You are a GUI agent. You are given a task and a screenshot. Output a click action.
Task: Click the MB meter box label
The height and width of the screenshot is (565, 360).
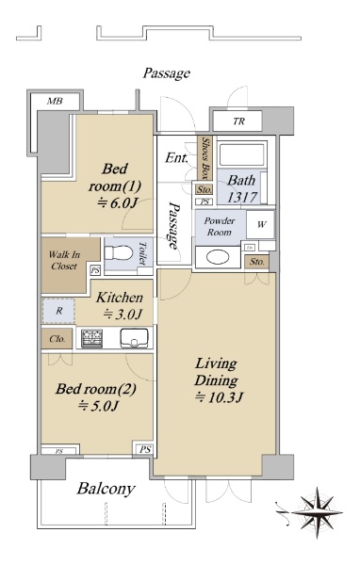click(x=55, y=102)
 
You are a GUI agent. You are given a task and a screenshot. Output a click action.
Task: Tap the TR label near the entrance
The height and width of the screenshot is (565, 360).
click(x=238, y=121)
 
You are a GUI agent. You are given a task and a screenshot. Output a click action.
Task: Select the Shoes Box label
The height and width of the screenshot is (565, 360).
click(x=205, y=158)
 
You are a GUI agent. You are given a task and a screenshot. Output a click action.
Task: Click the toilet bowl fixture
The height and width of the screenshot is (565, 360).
click(x=119, y=252)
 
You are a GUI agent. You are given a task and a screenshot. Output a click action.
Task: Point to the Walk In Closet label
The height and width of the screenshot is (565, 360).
click(x=64, y=261)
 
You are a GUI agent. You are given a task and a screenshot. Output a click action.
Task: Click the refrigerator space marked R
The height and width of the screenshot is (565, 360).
click(x=58, y=311)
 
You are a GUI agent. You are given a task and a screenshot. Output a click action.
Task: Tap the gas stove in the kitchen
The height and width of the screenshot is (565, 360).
click(x=91, y=338)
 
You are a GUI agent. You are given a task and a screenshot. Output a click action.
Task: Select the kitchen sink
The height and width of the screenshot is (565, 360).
click(x=134, y=338)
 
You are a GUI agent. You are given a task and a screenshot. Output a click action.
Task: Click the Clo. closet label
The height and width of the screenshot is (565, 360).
click(x=57, y=339)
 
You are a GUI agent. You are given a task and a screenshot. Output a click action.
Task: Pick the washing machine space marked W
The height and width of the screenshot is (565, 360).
click(x=261, y=224)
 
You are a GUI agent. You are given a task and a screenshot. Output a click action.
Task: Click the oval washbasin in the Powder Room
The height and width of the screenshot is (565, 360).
click(x=218, y=257)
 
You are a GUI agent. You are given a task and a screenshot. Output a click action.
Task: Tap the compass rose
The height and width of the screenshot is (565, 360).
click(x=318, y=512)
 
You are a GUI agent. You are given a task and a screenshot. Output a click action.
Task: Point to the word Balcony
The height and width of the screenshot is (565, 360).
click(x=106, y=489)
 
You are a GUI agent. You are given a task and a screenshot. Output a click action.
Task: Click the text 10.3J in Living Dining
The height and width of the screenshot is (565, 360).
click(x=223, y=397)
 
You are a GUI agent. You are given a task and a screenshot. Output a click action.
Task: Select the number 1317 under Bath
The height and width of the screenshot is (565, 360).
click(x=242, y=197)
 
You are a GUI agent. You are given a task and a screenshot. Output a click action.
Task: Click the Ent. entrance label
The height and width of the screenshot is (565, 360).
click(x=177, y=158)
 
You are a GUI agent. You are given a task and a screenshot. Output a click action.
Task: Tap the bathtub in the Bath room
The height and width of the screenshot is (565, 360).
click(x=241, y=155)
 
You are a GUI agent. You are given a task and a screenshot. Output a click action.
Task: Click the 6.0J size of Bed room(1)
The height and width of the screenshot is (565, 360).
click(x=123, y=203)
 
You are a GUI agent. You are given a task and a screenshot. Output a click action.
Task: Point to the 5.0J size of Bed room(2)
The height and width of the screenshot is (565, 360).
click(x=104, y=406)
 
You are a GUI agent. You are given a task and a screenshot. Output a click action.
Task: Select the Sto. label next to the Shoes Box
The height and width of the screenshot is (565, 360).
click(x=205, y=189)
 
